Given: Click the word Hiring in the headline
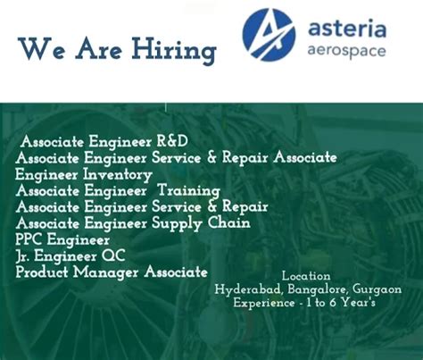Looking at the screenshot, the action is click(174, 50).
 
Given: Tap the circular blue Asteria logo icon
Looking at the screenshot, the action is click(269, 35).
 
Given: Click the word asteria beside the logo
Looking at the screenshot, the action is click(347, 29).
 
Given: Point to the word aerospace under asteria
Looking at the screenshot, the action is click(346, 51).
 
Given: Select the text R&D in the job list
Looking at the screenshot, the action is click(172, 141).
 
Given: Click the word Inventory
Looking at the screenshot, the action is click(118, 174).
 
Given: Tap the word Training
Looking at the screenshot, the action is click(189, 191).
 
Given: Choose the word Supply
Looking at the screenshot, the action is click(177, 223).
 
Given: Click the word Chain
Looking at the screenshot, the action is click(229, 222).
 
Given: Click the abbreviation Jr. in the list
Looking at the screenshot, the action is click(22, 256).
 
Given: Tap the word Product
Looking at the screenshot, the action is click(42, 272).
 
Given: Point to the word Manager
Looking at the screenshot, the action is click(106, 272).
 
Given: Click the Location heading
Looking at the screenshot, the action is click(306, 276).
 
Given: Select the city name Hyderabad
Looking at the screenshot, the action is click(248, 289).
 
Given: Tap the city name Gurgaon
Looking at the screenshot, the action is click(377, 289).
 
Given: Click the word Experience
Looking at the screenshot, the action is click(264, 303).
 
